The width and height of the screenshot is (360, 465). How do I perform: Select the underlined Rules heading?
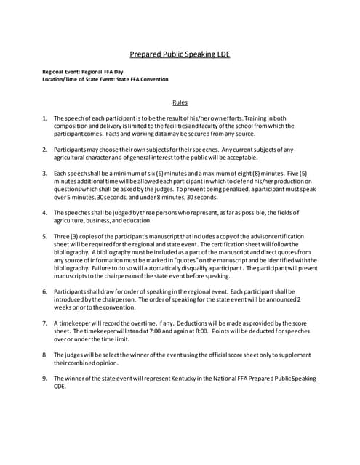point(180,102)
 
